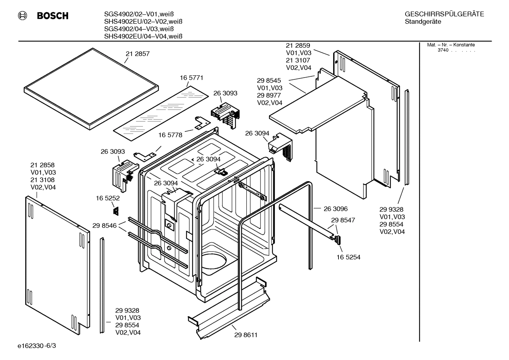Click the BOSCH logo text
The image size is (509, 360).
pyautogui.click(x=52, y=16)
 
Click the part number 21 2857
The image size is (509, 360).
pyautogui.click(x=138, y=54)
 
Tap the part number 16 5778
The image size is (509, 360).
pyautogui.click(x=170, y=135)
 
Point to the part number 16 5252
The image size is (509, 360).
pyautogui.click(x=108, y=199)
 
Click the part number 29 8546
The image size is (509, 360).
pyautogui.click(x=104, y=225)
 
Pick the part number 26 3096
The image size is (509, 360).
pyautogui.click(x=336, y=209)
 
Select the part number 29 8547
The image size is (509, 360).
pyautogui.click(x=343, y=220)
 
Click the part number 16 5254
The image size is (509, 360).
pyautogui.click(x=348, y=257)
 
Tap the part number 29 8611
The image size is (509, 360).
pyautogui.click(x=246, y=335)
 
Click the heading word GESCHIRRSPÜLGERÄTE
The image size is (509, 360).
pyautogui.click(x=444, y=14)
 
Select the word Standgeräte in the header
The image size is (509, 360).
pyautogui.click(x=423, y=22)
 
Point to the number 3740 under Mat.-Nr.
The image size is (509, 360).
pyautogui.click(x=443, y=50)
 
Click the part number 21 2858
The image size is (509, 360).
pyautogui.click(x=42, y=165)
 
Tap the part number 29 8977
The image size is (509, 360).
pyautogui.click(x=269, y=95)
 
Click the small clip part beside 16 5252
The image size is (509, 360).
pyautogui.click(x=115, y=211)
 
